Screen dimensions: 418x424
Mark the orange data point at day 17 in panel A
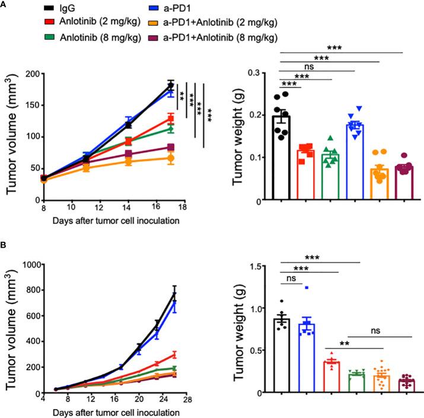point(171,159)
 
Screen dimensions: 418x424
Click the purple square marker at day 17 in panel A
point(171,147)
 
